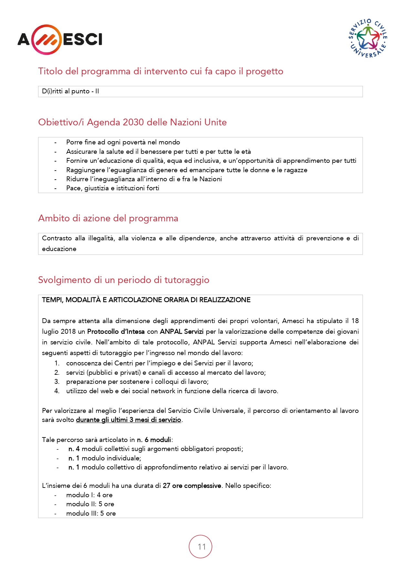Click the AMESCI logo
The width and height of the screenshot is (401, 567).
tap(60, 40)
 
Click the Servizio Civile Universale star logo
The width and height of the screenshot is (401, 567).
tap(368, 38)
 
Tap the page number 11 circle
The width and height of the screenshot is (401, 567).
tap(200, 547)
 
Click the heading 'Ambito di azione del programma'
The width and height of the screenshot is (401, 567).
tap(108, 218)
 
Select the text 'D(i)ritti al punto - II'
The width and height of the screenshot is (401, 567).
tap(70, 91)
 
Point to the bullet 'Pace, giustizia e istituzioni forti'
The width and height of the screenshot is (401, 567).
tap(112, 188)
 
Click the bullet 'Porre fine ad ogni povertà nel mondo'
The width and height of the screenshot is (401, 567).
tap(123, 142)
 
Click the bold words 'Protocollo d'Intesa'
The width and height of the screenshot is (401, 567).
tap(116, 332)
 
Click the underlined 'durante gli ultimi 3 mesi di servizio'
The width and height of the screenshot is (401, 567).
tap(128, 420)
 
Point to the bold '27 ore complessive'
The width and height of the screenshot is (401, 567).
tap(192, 486)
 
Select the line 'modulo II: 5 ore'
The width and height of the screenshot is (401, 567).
tap(90, 504)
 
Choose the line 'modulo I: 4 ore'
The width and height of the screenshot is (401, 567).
tap(89, 495)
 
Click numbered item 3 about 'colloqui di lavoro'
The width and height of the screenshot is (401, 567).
tap(137, 382)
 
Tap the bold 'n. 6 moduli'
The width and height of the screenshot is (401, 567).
tap(154, 440)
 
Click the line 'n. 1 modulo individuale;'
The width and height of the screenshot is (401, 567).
tap(104, 458)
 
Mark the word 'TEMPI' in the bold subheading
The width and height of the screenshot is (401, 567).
tap(52, 300)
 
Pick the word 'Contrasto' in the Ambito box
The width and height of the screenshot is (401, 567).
tap(57, 238)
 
